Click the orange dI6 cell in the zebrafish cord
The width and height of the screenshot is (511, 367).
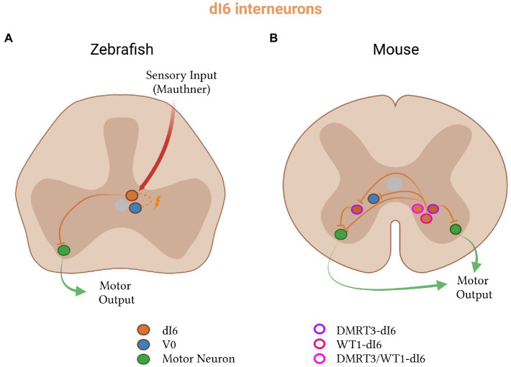(132, 195)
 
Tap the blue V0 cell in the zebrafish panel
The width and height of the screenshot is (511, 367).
(135, 208)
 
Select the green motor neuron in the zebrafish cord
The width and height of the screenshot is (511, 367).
(64, 250)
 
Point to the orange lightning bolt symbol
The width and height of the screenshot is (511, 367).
(157, 203)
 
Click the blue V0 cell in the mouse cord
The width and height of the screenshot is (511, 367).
(374, 198)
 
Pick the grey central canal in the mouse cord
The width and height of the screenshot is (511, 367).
(393, 184)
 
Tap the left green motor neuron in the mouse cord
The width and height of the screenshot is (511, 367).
(341, 234)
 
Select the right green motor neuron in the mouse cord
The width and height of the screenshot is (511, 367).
(455, 229)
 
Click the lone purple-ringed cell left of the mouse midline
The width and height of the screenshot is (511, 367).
(356, 209)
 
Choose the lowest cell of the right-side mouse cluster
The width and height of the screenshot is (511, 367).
(425, 217)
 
